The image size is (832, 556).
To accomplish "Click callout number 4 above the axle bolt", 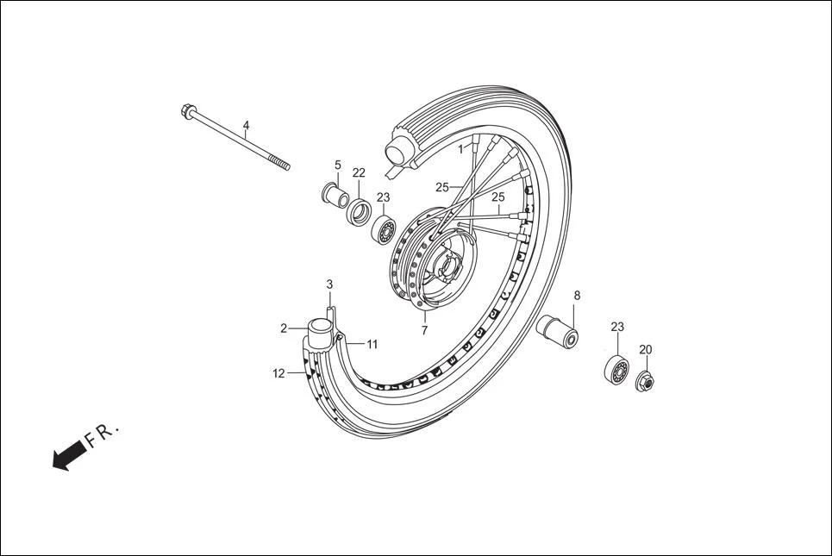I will pos(246,126).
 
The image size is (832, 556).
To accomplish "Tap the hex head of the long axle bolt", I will pos(187,110).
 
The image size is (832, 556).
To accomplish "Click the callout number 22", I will pos(359,173).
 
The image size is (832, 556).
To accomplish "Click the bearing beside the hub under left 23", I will pos(385,230).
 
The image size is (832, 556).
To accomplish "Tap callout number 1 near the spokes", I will pos(461,149).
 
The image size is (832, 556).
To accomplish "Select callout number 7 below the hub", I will pos(424,330).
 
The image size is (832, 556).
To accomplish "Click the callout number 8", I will pos(577,296).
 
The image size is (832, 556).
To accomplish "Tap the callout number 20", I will pos(646,350).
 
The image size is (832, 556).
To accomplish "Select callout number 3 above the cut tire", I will pos(329,284).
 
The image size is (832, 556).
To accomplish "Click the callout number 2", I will pos(284,328).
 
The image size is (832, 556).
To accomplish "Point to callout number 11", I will pos(372,344).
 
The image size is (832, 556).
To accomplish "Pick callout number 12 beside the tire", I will pos(278,373).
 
